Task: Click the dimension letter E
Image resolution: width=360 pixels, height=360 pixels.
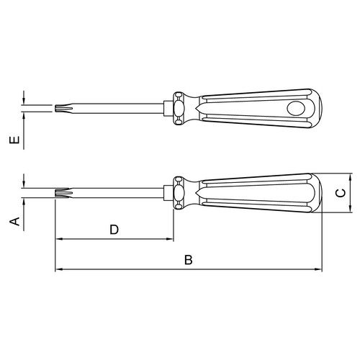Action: coord(14,140)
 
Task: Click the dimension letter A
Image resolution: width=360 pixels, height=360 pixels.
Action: coord(14,222)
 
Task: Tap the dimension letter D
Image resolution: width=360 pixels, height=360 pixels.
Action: coord(114,230)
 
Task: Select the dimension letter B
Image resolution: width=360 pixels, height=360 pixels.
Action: coord(189,260)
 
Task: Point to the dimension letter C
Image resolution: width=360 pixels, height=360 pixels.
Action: coord(341,193)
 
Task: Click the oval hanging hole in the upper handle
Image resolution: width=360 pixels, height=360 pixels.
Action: coord(296,109)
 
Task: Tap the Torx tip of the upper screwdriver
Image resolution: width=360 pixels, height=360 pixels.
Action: coord(63,108)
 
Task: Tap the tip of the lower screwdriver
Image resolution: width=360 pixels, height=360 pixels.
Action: coord(63,193)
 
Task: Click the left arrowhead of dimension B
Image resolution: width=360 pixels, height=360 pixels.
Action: coord(59,269)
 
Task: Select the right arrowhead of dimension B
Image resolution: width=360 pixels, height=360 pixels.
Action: coord(318,269)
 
